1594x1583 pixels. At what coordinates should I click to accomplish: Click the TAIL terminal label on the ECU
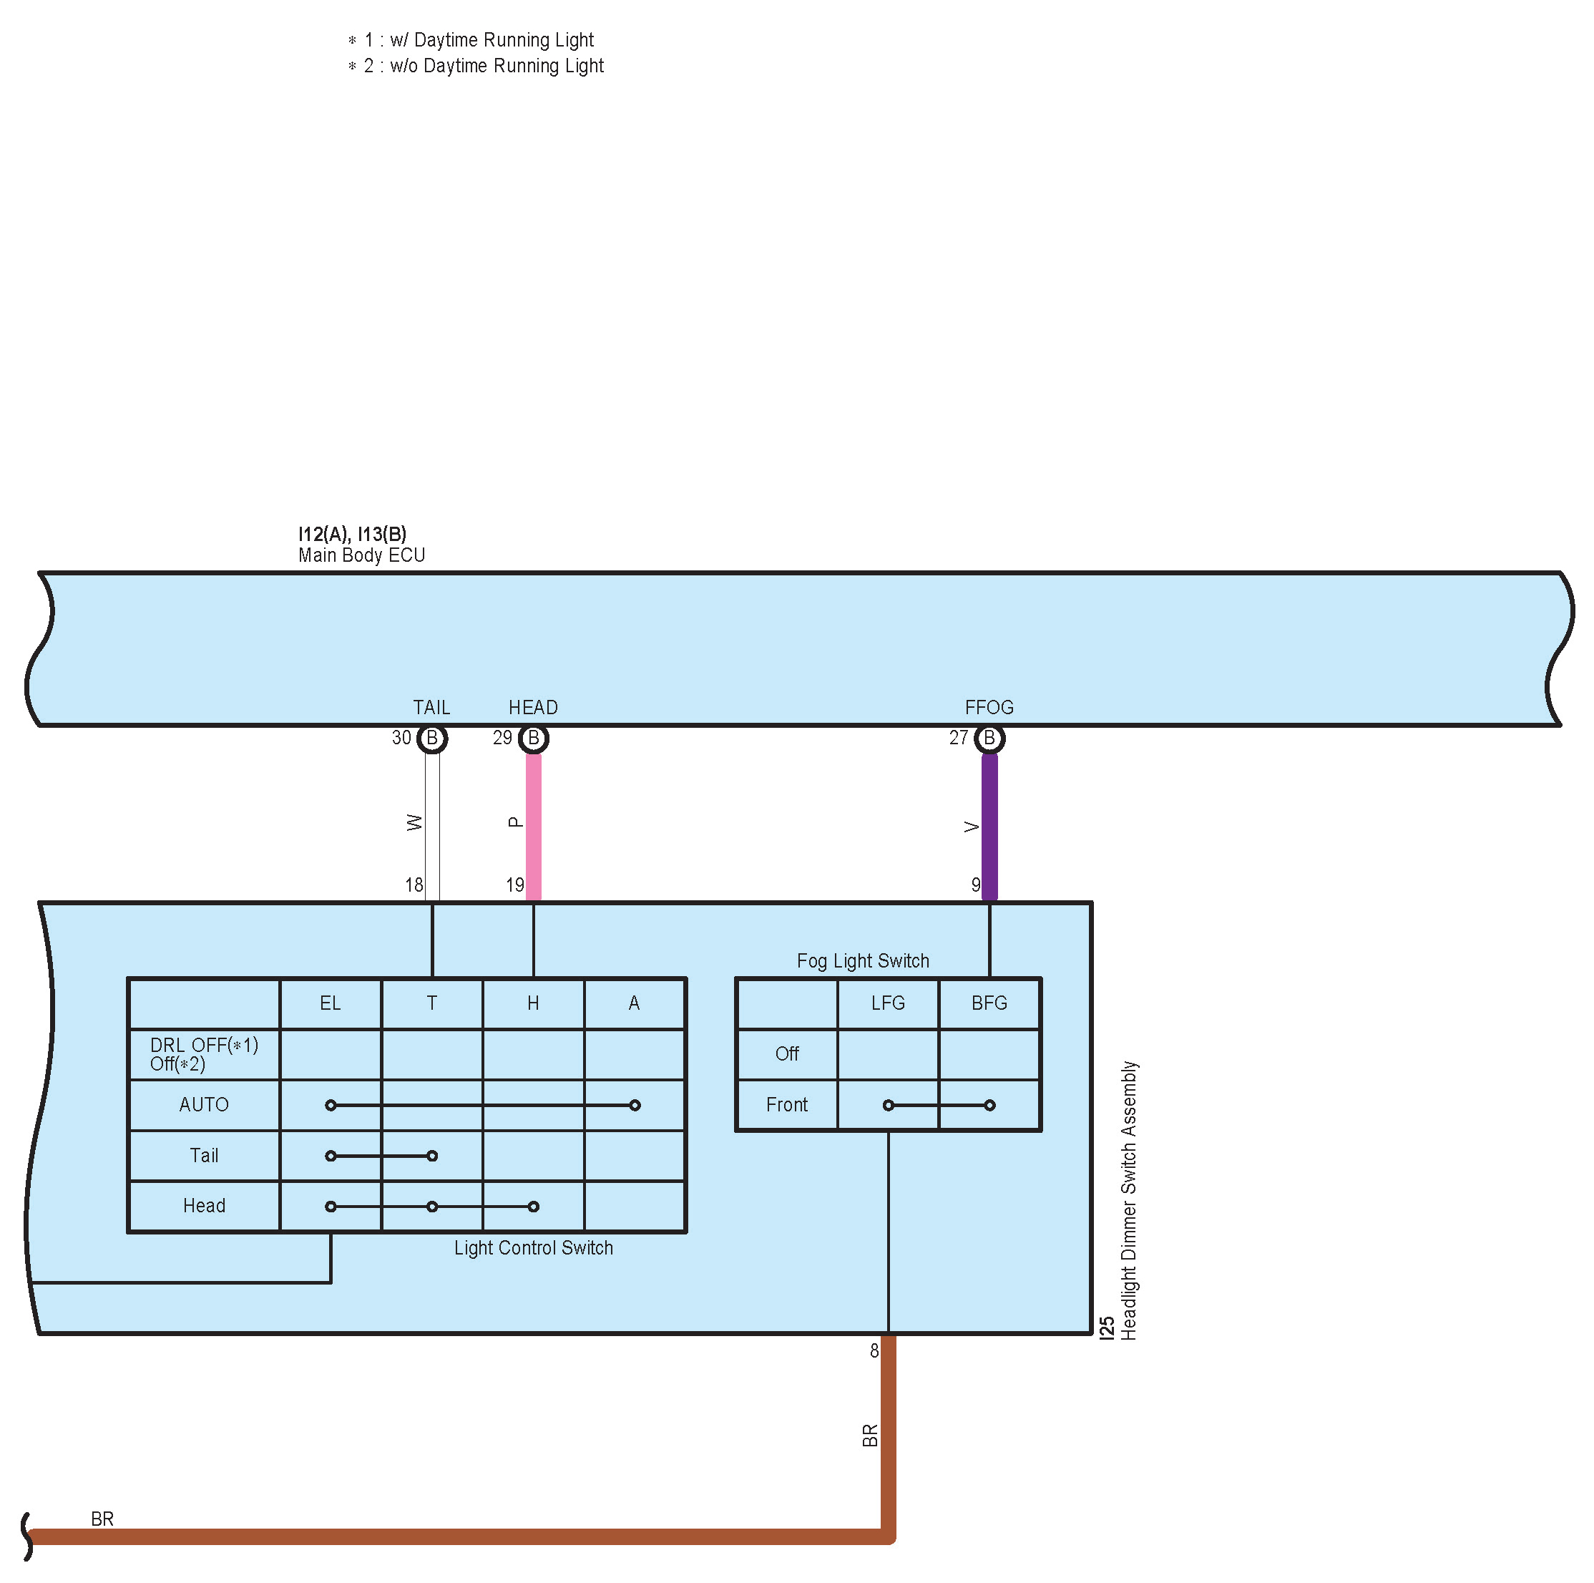pos(431,707)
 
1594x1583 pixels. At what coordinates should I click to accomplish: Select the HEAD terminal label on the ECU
pos(533,707)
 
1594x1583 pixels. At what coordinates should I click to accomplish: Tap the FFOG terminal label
pos(989,707)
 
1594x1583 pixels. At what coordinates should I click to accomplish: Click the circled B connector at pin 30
pos(432,738)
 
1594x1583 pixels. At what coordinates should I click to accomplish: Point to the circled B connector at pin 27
pos(989,738)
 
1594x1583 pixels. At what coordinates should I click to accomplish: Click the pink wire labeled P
pos(534,825)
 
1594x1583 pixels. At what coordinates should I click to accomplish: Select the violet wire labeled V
pos(989,825)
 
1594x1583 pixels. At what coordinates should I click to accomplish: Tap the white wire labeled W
pos(432,825)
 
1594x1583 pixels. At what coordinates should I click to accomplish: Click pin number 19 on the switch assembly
pos(515,885)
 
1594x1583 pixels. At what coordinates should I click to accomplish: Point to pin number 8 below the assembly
pos(874,1351)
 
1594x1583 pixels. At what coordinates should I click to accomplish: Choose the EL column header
pos(330,1003)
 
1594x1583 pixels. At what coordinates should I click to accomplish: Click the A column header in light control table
pos(634,1003)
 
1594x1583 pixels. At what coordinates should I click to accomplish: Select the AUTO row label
pos(204,1104)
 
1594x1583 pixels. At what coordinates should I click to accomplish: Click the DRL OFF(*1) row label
pos(204,1046)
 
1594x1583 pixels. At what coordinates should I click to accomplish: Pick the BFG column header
pos(989,1003)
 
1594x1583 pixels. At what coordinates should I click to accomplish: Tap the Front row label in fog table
pos(786,1104)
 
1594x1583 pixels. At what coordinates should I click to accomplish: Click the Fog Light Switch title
pos(863,960)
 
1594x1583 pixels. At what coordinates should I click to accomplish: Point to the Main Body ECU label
pos(361,555)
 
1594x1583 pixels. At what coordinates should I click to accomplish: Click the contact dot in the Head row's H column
pos(534,1207)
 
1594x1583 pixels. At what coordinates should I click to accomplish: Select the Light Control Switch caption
pos(533,1248)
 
